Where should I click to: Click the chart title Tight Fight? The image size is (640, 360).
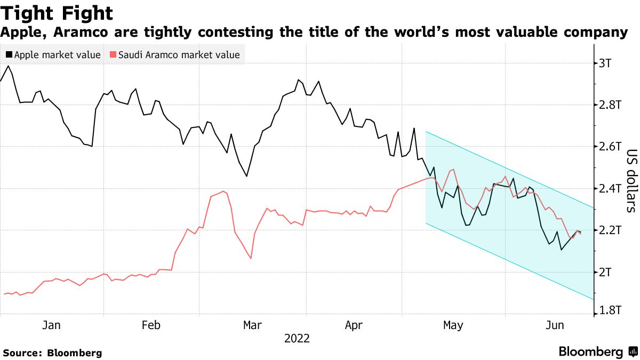[57, 13]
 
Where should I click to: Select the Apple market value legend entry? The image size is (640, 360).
[53, 54]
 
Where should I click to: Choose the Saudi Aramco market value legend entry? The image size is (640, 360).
[174, 54]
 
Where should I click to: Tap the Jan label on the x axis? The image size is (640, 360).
[52, 325]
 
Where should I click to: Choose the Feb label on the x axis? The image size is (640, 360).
[151, 325]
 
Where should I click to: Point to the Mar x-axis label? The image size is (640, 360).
[252, 325]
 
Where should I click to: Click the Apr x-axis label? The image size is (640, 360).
[355, 325]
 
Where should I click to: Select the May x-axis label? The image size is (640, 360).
[453, 325]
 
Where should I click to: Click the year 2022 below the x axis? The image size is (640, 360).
[297, 338]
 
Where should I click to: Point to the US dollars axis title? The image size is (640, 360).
[630, 180]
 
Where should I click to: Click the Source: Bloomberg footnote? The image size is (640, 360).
[52, 353]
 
